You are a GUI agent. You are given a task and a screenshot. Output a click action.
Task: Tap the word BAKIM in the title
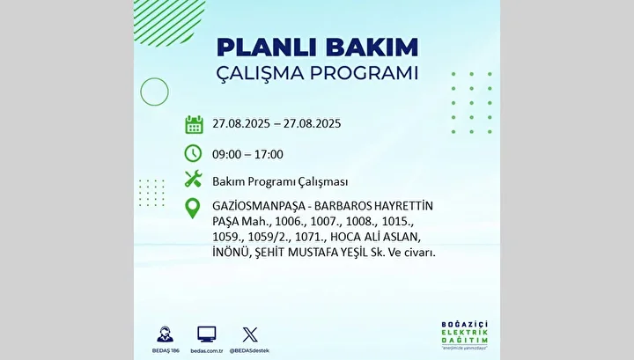click(x=372, y=48)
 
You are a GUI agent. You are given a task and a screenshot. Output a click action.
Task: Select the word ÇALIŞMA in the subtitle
click(x=260, y=74)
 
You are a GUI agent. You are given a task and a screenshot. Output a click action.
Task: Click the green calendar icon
click(x=194, y=124)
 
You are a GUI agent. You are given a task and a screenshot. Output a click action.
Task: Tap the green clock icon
click(x=193, y=153)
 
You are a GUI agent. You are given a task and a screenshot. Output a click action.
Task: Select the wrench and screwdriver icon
click(x=193, y=179)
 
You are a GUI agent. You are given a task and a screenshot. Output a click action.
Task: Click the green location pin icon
click(x=193, y=209)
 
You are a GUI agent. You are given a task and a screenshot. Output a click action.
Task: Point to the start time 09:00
click(x=226, y=154)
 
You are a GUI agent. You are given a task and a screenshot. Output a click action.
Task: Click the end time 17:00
click(x=269, y=154)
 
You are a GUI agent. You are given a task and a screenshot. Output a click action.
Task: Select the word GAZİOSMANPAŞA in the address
click(x=259, y=207)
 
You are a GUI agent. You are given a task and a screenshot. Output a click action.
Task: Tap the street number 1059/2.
click(x=269, y=237)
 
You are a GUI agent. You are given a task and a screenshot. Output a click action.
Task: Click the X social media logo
click(x=250, y=335)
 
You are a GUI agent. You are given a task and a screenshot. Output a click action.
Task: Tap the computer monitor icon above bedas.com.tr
click(x=207, y=334)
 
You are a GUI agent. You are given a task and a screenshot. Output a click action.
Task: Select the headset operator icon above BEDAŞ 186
click(x=165, y=334)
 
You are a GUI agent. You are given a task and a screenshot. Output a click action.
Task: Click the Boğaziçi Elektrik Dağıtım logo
click(x=465, y=335)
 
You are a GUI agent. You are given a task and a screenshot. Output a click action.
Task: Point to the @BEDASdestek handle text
click(x=249, y=350)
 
